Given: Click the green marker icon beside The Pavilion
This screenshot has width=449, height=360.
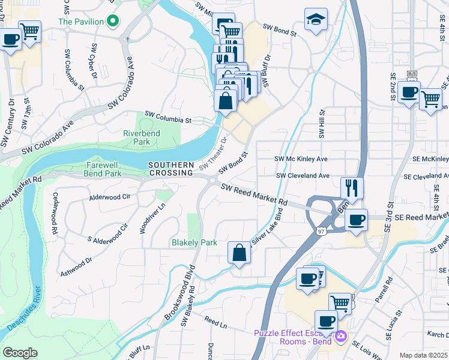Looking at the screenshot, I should pos(112,22).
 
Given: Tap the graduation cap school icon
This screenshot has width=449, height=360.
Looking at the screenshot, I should pos(315,20).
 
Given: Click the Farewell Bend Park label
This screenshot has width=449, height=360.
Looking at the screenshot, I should pos(95,168).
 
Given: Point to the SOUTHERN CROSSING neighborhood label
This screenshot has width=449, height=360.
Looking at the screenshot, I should pos(172,169).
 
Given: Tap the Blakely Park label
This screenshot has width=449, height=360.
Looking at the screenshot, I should pos(194,243).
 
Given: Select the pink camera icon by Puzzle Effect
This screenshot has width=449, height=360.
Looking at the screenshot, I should pos(342,337).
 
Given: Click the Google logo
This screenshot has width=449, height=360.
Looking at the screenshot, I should pos(20,353).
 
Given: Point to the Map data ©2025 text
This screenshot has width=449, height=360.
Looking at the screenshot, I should pos(423,355).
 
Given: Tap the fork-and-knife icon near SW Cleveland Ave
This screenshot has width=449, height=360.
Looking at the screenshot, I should pos(351,188).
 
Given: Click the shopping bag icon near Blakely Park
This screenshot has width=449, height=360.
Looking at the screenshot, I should pos(239,252).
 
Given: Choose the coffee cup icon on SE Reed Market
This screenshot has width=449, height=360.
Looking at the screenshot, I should pos(357,219).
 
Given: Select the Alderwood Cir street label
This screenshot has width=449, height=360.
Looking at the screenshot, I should pos(109,196).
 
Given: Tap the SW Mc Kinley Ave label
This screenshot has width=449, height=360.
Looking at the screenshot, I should pos(301,159).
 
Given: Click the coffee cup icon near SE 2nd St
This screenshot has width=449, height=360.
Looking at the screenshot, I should pos(409,92).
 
